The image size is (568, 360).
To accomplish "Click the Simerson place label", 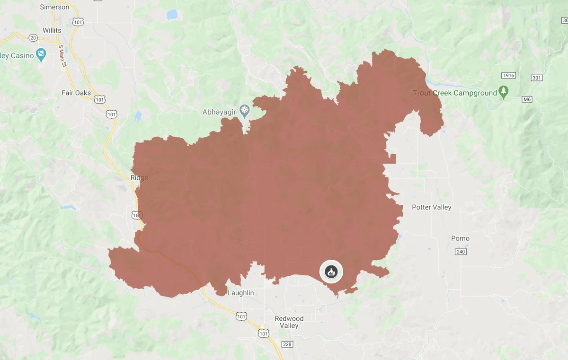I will [55, 7].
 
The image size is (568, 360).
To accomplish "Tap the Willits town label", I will [52, 30].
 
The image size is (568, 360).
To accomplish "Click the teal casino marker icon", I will [42, 55].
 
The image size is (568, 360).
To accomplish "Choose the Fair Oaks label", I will [76, 93].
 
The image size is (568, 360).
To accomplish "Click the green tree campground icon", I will [504, 92].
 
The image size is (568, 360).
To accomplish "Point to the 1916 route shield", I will [509, 76].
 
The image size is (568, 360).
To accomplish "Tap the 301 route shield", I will [537, 78].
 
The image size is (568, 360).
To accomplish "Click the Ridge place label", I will [139, 178].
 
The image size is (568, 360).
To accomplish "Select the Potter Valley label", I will [431, 207].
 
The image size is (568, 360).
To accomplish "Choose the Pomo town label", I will [460, 238].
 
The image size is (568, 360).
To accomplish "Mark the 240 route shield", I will [461, 252].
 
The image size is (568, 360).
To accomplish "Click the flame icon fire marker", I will [331, 272].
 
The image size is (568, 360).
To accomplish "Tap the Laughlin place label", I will [241, 293].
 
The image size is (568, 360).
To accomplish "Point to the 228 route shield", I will [287, 344].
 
